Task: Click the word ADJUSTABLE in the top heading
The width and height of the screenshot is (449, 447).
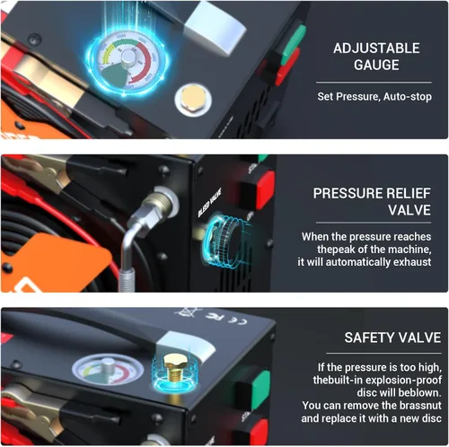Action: click(x=376, y=48)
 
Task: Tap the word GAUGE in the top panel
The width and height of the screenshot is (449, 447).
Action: click(x=376, y=65)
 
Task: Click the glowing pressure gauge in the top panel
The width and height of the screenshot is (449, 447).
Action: click(x=128, y=61)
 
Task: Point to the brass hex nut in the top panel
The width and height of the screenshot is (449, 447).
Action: click(x=193, y=98)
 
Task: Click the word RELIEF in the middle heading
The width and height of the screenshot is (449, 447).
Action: click(x=408, y=193)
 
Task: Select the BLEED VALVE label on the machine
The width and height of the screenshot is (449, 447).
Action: click(x=210, y=203)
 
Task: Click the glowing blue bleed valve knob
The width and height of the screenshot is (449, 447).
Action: click(x=224, y=239)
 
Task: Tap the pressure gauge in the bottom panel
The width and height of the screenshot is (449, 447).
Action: click(x=107, y=370)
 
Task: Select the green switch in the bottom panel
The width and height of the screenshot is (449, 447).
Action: click(x=260, y=390)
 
